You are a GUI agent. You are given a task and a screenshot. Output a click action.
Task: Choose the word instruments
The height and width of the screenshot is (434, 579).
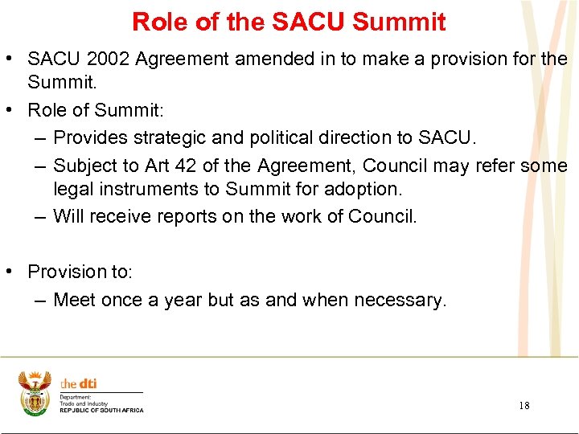pos(142,189)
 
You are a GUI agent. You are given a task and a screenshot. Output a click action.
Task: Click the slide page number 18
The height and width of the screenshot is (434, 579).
pos(524,406)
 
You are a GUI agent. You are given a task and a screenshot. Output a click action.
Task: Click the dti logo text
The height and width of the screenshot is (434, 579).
pos(79,384)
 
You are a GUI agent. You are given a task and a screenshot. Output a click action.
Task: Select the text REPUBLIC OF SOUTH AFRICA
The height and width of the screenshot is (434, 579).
pos(101,410)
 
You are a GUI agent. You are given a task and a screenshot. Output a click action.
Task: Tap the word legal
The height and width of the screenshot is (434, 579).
pos(72,189)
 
